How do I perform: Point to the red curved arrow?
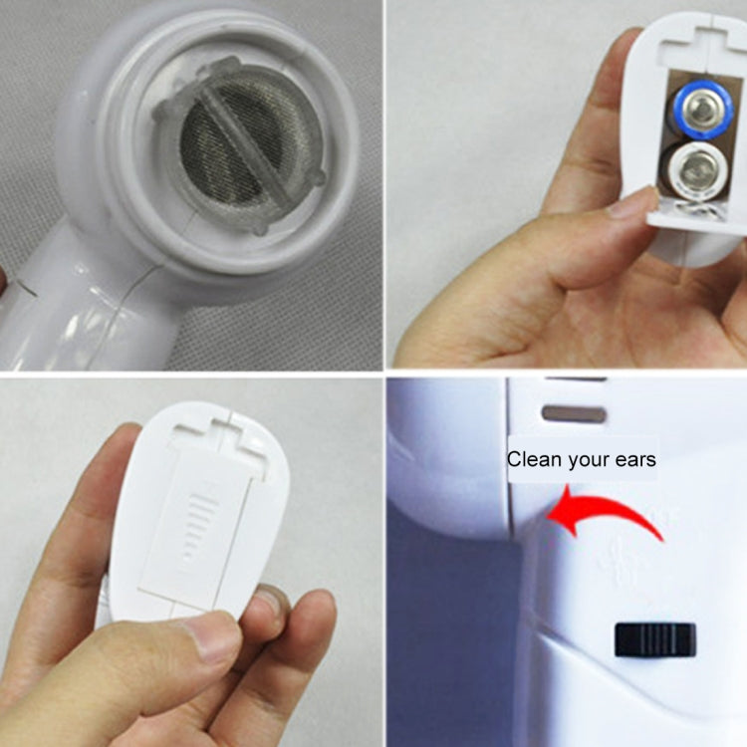[x=607, y=514]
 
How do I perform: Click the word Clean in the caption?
[x=530, y=460]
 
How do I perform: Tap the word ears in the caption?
[x=637, y=460]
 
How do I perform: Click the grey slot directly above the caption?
[x=574, y=412]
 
